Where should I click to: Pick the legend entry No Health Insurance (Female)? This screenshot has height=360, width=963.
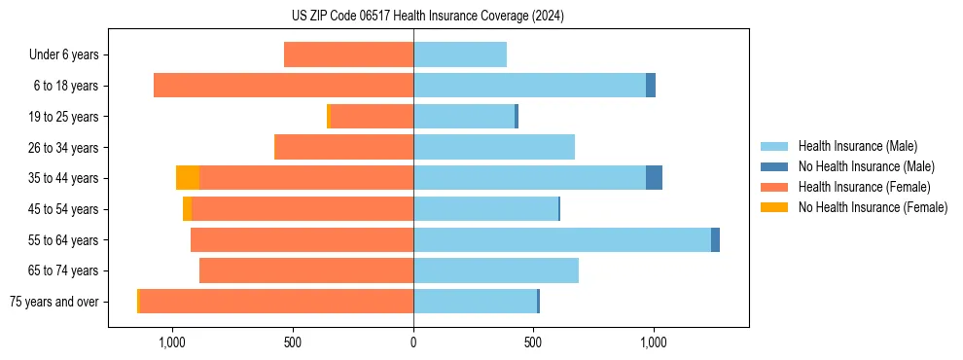pyautogui.click(x=873, y=207)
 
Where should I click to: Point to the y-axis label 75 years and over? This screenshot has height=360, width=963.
pyautogui.click(x=53, y=302)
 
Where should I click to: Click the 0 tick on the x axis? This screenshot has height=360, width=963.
pyautogui.click(x=413, y=342)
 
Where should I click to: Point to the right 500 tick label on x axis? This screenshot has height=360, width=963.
pyautogui.click(x=533, y=342)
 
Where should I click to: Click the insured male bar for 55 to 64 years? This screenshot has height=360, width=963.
pyautogui.click(x=562, y=239)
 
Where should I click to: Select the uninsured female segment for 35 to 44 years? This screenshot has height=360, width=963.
pyautogui.click(x=188, y=178)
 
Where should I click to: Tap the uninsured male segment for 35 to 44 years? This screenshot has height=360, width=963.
pyautogui.click(x=654, y=178)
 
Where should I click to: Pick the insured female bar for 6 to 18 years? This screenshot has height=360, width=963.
pyautogui.click(x=283, y=86)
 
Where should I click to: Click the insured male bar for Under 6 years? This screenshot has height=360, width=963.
pyautogui.click(x=460, y=54)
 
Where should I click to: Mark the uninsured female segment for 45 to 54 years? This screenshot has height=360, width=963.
pyautogui.click(x=187, y=209)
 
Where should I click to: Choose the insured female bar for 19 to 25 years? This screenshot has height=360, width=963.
pyautogui.click(x=372, y=117)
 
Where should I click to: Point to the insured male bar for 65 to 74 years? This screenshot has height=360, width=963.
pyautogui.click(x=496, y=270)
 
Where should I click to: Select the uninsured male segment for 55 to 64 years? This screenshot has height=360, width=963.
pyautogui.click(x=715, y=239)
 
